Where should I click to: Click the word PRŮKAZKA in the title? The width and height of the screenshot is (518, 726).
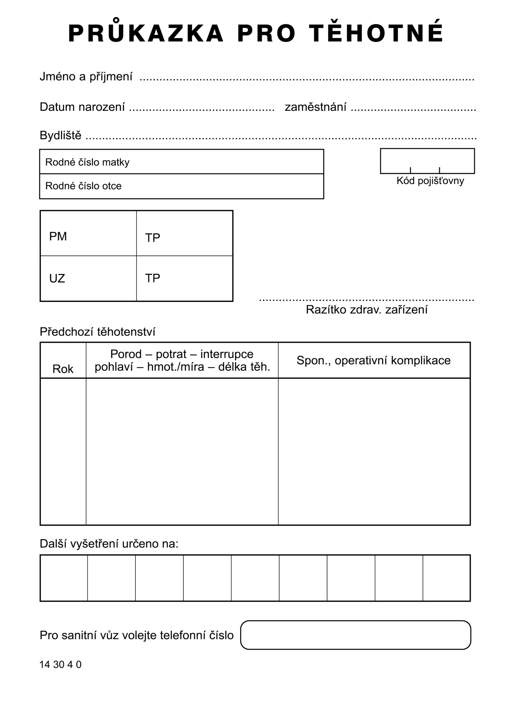tap(146, 33)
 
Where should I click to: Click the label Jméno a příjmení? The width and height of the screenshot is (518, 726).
tap(86, 77)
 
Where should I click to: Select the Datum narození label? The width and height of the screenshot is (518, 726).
tap(82, 107)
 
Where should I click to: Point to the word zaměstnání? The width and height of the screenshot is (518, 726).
tap(315, 107)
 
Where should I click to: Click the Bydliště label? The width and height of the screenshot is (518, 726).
tap(60, 136)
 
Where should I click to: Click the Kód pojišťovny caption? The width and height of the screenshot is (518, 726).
tap(430, 181)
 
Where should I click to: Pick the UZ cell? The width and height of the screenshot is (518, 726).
tap(88, 279)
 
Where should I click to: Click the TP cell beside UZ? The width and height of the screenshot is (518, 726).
tap(184, 279)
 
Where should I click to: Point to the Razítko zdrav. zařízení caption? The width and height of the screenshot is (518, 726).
tap(366, 310)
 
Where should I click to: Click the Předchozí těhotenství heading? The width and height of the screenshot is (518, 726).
tap(97, 332)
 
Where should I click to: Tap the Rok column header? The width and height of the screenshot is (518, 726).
tap(63, 369)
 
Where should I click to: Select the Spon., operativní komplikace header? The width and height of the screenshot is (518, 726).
tap(373, 360)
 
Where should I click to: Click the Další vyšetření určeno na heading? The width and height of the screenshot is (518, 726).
tap(109, 544)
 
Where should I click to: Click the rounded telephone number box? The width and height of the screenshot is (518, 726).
tap(356, 635)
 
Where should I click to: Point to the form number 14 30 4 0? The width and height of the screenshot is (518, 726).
tap(60, 664)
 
